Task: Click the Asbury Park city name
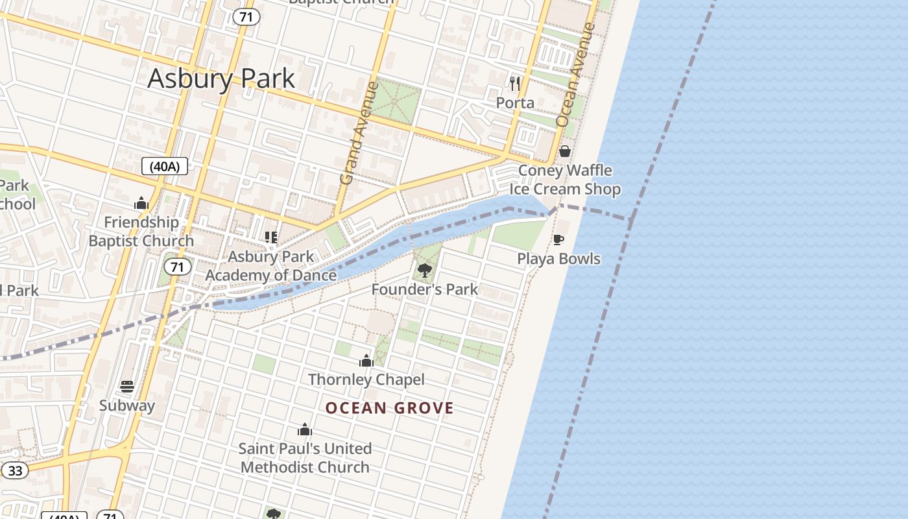[x=221, y=78]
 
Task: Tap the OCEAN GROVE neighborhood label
[x=389, y=408]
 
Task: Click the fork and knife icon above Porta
[x=515, y=83]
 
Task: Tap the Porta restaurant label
[x=515, y=103]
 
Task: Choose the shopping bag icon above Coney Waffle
[x=565, y=151]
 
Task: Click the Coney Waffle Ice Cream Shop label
[x=565, y=180]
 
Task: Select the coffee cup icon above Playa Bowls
[x=558, y=240]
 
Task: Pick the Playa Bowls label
[x=558, y=259]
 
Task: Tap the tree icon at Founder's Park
[x=425, y=270]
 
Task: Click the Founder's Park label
[x=425, y=289]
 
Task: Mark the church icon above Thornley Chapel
[x=366, y=361]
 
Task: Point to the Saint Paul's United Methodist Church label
[x=305, y=457]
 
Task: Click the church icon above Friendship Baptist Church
[x=141, y=204]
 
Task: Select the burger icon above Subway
[x=127, y=387]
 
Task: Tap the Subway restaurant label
[x=127, y=405]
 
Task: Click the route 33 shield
[x=15, y=470]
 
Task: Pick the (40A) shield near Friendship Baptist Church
[x=164, y=167]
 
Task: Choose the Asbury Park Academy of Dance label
[x=271, y=266]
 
